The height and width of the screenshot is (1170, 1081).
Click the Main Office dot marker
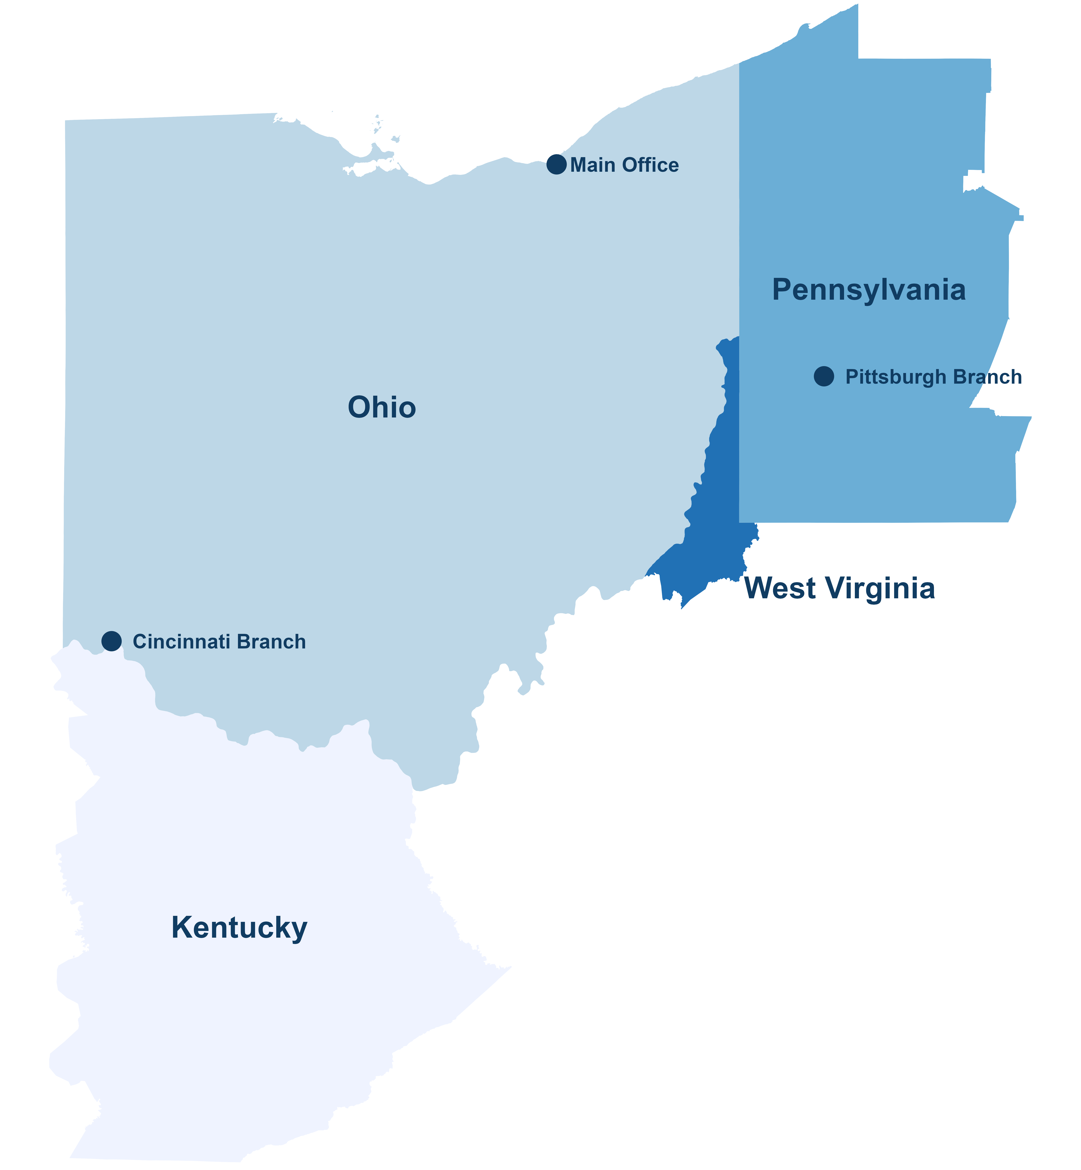coord(556,165)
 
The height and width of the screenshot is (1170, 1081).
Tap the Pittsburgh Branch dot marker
coord(824,376)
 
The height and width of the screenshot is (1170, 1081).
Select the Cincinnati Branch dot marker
coord(111,641)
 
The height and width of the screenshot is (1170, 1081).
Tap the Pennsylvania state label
coord(869,290)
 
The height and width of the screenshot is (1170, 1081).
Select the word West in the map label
coord(780,588)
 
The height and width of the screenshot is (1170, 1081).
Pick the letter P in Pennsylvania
coord(783,290)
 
